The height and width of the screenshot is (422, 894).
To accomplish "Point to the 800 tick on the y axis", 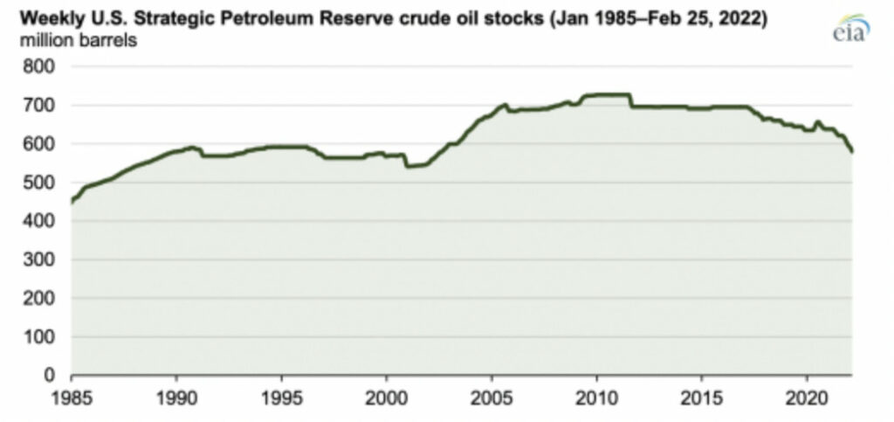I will tap(44, 67).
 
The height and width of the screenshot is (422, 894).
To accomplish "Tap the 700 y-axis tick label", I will tap(44, 106).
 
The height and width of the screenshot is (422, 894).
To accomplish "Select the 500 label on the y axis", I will tap(44, 183).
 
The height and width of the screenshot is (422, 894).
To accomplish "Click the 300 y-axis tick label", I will tap(44, 259).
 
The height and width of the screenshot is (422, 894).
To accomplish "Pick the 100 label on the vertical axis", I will tap(44, 336).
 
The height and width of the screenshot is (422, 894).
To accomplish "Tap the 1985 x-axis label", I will tap(72, 396).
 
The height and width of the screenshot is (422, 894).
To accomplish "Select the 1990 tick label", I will tap(176, 396).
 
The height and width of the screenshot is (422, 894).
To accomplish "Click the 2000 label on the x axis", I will tap(387, 396).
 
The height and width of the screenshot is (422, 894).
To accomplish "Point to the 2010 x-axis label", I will tap(596, 396).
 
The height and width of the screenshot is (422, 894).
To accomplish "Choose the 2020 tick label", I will tap(807, 396).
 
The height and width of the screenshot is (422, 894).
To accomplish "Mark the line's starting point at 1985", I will tap(72, 202).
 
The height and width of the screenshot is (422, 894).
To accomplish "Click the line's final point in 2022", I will tap(852, 152).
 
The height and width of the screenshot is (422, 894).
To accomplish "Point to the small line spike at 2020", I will tap(817, 122).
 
